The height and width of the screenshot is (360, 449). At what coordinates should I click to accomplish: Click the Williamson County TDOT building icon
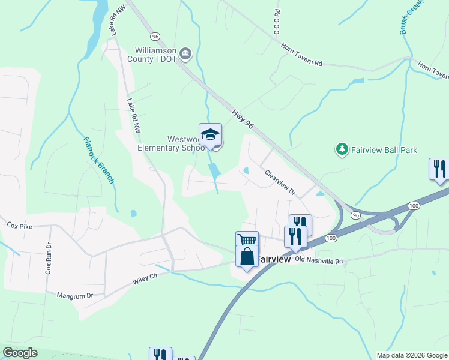tap(186, 55)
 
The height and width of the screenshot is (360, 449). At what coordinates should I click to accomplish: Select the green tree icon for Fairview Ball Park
tap(342, 149)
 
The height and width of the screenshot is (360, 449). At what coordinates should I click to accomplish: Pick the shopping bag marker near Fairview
tap(247, 256)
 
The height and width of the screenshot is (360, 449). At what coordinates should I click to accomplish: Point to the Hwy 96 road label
tap(244, 117)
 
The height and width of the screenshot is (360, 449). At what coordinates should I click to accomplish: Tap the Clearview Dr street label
tap(280, 182)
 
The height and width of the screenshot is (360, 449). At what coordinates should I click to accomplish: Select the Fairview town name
tap(274, 260)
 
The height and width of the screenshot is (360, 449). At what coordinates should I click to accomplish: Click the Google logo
tap(20, 353)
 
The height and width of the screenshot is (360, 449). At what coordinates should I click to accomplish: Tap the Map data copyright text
tap(411, 355)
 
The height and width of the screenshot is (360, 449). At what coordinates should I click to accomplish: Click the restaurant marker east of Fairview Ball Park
tap(438, 169)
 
